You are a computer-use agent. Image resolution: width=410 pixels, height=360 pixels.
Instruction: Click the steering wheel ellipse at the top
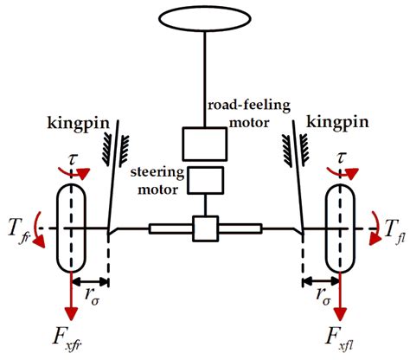(204, 19)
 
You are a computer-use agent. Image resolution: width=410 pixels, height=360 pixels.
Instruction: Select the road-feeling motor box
(204, 142)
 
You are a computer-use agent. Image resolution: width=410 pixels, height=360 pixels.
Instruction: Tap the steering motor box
(206, 179)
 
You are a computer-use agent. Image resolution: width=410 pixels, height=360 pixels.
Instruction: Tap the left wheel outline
(72, 229)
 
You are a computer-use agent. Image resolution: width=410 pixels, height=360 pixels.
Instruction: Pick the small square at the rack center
(206, 229)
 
